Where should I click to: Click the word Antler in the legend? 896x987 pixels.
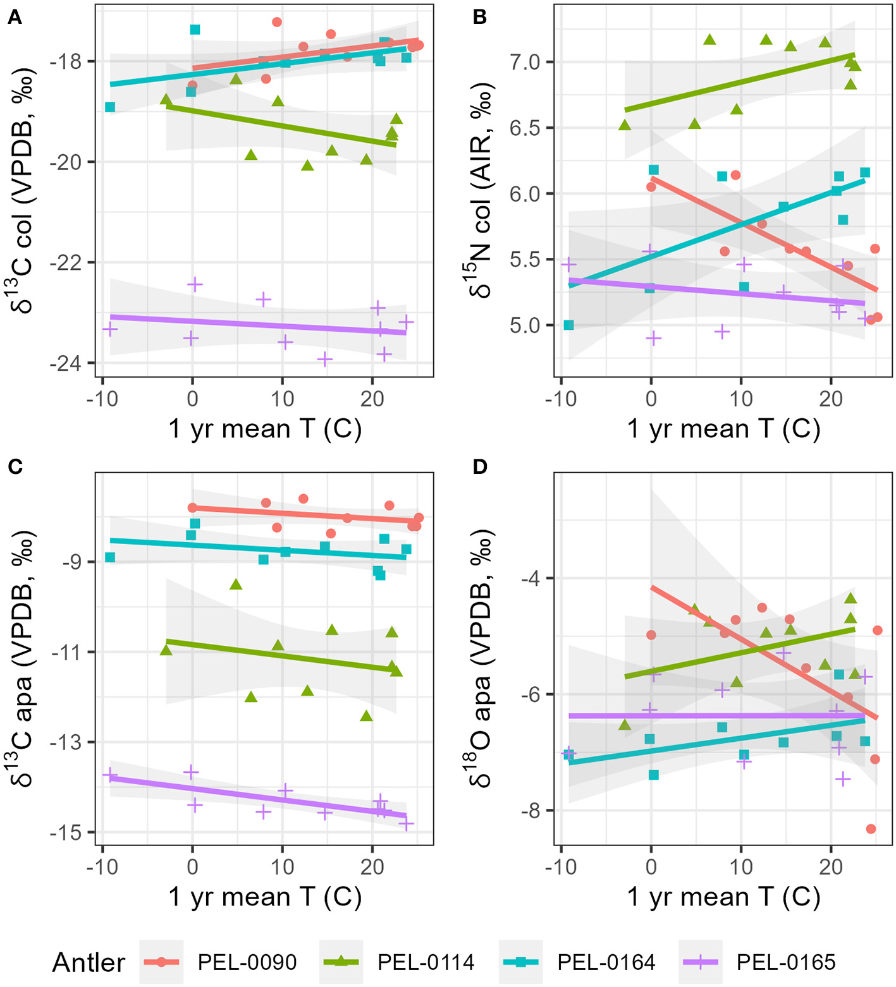[89, 962]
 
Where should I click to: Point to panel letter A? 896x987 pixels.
[14, 18]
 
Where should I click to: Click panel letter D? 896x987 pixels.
[480, 467]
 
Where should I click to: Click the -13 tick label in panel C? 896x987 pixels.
[68, 742]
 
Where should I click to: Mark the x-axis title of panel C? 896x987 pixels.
[265, 897]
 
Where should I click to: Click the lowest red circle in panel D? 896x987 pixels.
[871, 828]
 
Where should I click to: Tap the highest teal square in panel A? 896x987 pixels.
[195, 30]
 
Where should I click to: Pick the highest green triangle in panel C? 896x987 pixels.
[236, 584]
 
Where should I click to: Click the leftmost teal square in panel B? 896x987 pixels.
[568, 325]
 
